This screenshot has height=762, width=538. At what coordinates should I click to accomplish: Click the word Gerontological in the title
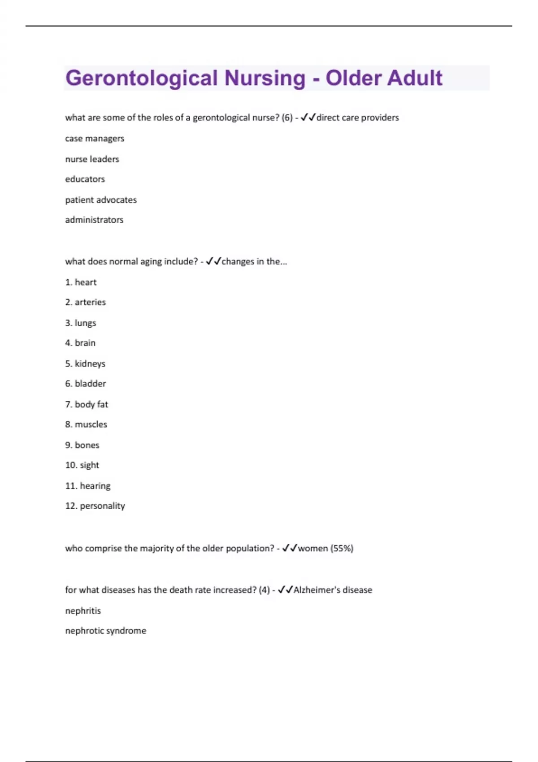coord(142,78)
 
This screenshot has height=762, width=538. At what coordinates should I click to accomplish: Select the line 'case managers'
coord(95,139)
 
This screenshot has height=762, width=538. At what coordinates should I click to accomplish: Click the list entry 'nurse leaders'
coord(92,159)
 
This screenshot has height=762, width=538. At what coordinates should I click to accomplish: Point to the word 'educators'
coord(85,179)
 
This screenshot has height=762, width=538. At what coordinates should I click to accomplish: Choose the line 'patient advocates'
coord(101,200)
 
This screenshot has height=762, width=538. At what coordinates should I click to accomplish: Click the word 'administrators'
coord(94,220)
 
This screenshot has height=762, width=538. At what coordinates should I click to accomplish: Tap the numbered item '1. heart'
coord(81,282)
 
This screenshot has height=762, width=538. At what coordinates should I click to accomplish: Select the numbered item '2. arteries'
coord(85,303)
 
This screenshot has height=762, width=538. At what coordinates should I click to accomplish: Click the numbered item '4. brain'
coord(80,343)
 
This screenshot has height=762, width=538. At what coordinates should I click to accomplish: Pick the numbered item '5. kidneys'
coord(85,364)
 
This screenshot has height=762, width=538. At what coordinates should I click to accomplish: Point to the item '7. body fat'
coord(87,404)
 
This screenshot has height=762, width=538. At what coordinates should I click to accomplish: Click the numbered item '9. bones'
coord(82,445)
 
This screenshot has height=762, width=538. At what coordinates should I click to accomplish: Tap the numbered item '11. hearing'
coord(87,486)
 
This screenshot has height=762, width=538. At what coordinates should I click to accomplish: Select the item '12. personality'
coord(95,506)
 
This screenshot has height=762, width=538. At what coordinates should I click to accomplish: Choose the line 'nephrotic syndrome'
coord(105,631)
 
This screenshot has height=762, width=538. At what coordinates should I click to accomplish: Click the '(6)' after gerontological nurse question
coord(287,118)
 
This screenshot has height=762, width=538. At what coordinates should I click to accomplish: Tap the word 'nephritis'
coord(83,611)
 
